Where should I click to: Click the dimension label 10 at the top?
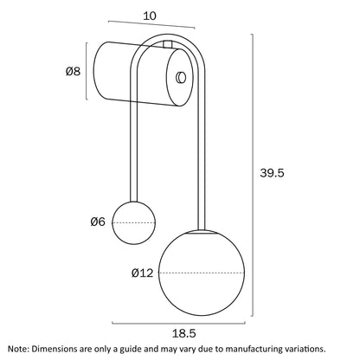click(150, 16)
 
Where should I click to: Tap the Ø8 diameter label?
click(73, 71)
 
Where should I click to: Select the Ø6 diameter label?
click(98, 222)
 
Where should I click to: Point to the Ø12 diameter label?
click(142, 273)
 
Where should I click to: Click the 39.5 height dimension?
click(272, 173)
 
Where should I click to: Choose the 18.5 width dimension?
click(183, 333)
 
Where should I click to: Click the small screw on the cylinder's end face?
click(181, 77)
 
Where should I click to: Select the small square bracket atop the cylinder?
click(168, 44)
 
